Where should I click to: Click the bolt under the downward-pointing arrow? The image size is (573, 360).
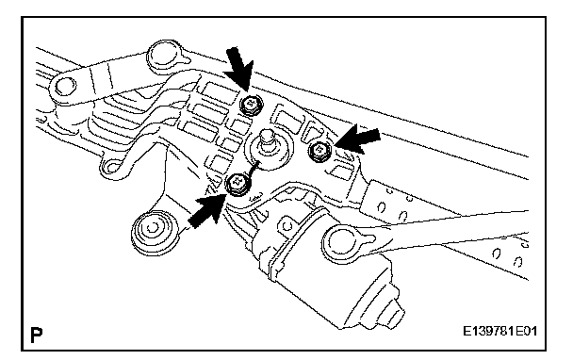coord(251,105)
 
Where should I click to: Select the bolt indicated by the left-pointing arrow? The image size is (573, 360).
coord(319,151)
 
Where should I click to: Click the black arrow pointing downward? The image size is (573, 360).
coord(239,70)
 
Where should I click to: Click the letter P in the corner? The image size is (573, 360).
coord(36,335)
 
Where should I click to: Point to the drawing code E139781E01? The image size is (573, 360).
coord(499,332)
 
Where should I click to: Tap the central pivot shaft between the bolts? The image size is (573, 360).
coord(268,143)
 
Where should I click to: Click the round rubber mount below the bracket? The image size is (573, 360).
coord(152,231)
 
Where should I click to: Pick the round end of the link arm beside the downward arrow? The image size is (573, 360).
coord(166,57)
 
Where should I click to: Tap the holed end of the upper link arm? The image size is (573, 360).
coord(65,88)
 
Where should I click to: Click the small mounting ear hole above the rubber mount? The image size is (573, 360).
coord(111,168)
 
